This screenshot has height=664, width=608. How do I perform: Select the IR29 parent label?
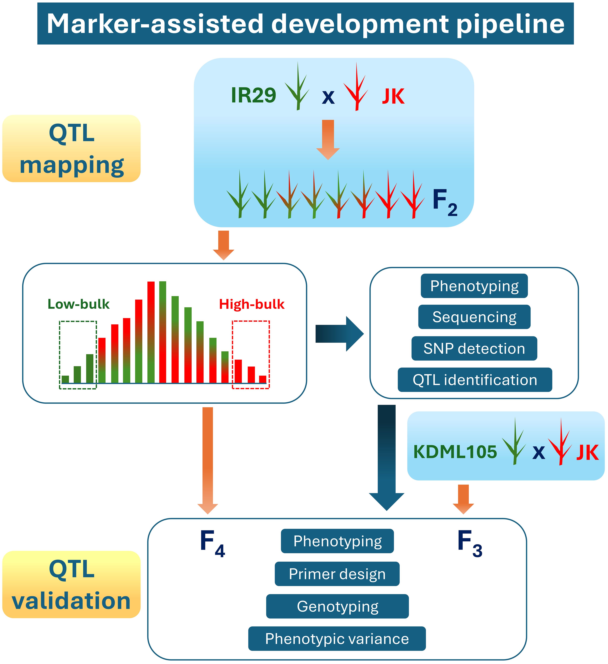coord(253,96)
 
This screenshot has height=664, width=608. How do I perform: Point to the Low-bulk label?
coord(78,304)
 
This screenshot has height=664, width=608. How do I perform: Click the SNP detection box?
coord(474,349)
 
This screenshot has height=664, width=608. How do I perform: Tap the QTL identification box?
coord(475,380)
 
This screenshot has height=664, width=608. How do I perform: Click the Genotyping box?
coord(337,606)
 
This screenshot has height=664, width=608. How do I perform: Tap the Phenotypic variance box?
coord(337,639)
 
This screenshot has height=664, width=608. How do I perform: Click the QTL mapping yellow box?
coord(72,148)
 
